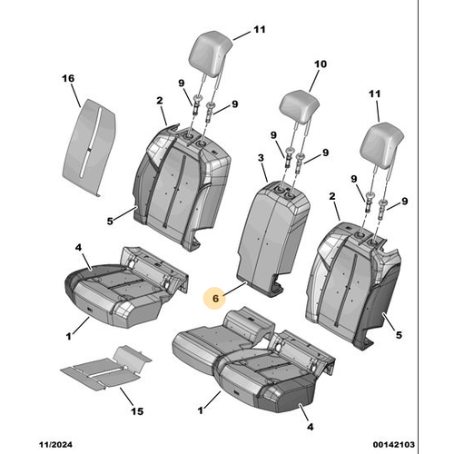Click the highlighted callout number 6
215,299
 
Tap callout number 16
68,78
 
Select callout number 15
137,411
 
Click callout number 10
321,64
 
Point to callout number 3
261,158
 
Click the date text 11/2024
55,445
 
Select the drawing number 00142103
394,445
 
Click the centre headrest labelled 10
299,106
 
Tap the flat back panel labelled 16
89,147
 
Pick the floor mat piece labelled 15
106,367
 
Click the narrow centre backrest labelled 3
272,238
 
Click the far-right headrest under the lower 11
381,145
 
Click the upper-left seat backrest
182,188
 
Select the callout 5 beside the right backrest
399,335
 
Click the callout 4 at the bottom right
310,427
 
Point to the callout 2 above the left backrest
160,101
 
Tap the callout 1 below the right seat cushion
200,410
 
